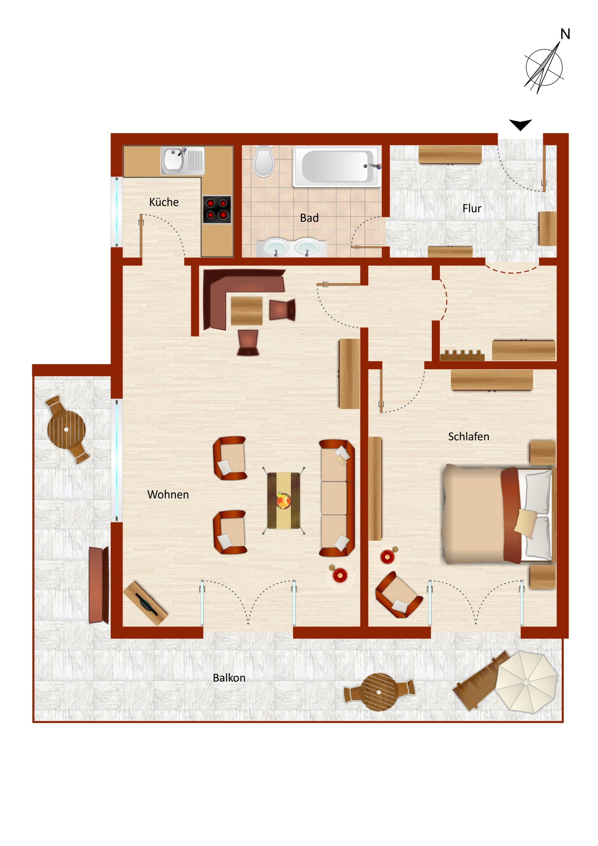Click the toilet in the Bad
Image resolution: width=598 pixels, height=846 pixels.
(263, 161)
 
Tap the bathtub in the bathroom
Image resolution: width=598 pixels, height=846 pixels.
(335, 167)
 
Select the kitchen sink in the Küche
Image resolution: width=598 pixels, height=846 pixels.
(182, 161)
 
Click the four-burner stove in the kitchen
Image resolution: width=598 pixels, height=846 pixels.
(217, 209)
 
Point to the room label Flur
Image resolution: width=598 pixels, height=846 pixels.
(471, 209)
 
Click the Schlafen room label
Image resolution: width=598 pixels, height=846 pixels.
(469, 437)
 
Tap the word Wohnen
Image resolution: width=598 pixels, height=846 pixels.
(168, 494)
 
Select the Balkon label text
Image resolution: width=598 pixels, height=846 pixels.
(229, 678)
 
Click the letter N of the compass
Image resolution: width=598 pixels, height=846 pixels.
(565, 34)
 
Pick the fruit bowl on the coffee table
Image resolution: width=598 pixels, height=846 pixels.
(283, 500)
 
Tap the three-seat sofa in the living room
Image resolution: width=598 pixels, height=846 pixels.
(337, 498)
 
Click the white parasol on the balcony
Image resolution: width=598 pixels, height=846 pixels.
(526, 682)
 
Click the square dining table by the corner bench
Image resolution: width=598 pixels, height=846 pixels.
(246, 310)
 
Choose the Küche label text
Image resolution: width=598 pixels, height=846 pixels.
(164, 202)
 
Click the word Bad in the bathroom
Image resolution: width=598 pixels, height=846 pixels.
(309, 218)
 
